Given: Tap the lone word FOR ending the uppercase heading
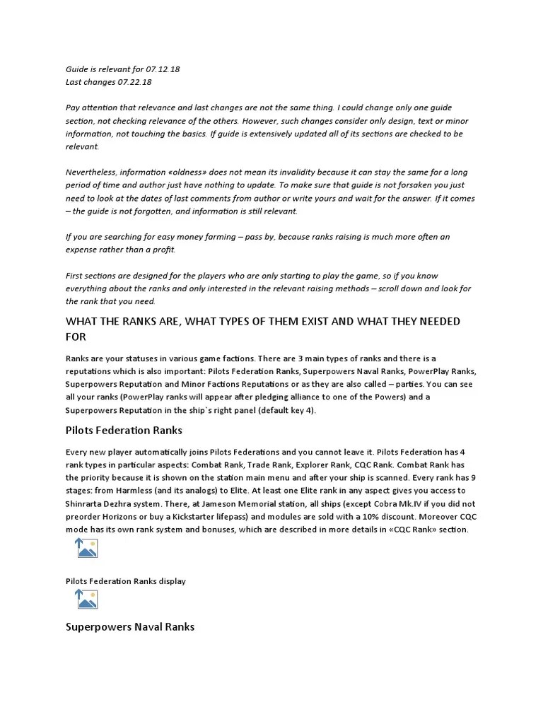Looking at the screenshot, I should (x=76, y=337).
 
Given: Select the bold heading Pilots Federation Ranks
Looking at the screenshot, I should (x=124, y=430).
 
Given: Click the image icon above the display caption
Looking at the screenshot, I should (x=86, y=549).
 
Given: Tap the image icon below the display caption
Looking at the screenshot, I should (x=86, y=600).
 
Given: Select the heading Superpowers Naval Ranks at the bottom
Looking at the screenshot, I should (x=130, y=626).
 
